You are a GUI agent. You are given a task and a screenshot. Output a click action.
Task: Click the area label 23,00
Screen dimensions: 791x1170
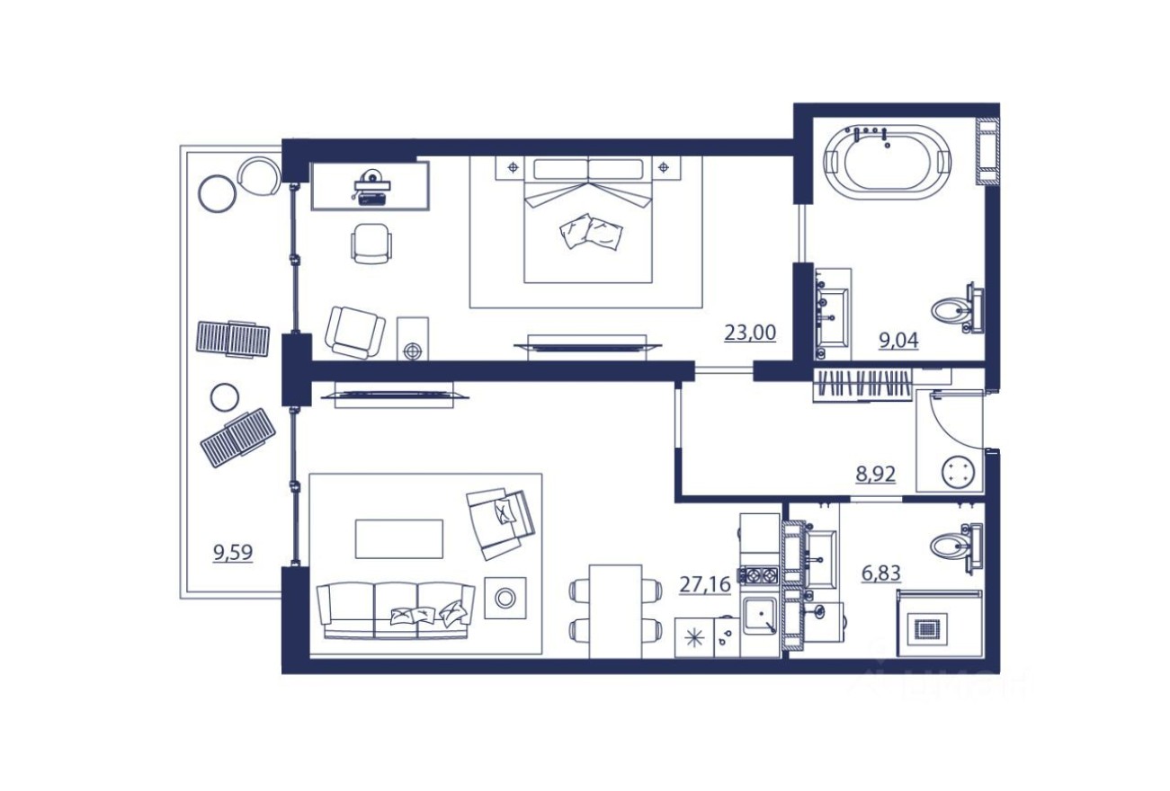click(750, 333)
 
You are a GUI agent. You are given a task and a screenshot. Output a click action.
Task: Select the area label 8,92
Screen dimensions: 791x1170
click(876, 474)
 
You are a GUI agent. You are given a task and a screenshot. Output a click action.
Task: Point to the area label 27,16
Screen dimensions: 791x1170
click(704, 585)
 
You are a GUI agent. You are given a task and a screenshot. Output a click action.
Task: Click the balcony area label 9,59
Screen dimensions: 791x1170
click(233, 552)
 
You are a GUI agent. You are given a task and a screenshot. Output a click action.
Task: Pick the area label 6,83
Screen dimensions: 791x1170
click(881, 572)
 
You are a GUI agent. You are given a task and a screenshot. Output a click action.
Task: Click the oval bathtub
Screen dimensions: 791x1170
click(888, 162)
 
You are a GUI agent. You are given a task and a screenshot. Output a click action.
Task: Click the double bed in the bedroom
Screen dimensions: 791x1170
click(587, 219)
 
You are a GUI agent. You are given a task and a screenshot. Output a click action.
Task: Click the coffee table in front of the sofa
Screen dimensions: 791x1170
click(399, 538)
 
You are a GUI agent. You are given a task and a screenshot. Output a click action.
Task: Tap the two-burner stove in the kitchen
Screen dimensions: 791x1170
click(758, 574)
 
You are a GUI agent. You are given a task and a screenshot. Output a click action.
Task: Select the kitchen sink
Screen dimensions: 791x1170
click(760, 616)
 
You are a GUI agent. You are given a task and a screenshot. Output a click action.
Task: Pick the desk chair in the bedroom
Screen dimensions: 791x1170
click(371, 242)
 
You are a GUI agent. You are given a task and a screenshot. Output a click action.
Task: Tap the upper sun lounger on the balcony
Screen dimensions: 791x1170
click(233, 338)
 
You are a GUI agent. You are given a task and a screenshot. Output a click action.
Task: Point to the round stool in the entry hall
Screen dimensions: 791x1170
click(957, 472)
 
